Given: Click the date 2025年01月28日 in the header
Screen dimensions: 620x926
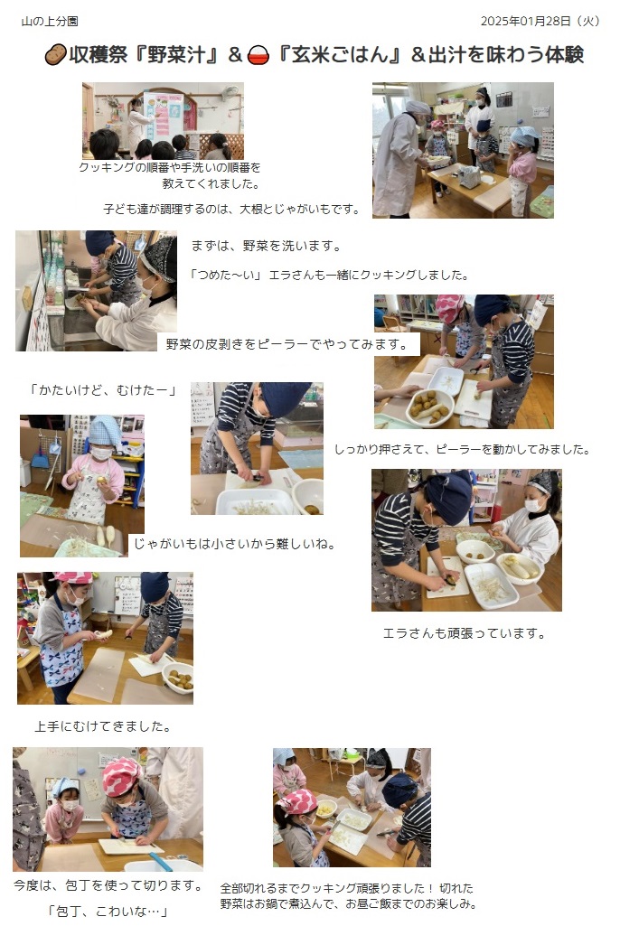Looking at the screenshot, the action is tap(525, 22).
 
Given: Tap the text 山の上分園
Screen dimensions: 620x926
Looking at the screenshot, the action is tap(50, 22).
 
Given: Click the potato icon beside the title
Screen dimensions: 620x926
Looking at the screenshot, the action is tap(55, 55).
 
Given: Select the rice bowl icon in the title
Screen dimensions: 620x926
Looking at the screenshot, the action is tap(258, 55).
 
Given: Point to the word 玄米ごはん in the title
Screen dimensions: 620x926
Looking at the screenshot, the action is tap(340, 55).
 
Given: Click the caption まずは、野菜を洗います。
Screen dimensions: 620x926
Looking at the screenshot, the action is tap(267, 247).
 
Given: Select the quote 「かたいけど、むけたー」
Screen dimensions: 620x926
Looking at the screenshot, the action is tap(103, 389).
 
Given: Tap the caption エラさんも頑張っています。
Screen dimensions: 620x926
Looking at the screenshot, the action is tap(464, 633).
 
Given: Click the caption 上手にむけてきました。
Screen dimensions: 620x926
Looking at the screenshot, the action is tap(103, 726).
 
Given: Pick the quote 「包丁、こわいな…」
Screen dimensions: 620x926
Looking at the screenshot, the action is tap(108, 912).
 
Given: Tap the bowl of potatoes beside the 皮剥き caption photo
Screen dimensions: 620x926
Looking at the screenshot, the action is tap(430, 407).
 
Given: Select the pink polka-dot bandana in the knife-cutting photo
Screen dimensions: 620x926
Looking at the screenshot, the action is tap(121, 775).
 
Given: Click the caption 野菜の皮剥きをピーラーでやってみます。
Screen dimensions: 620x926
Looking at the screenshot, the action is tap(287, 344).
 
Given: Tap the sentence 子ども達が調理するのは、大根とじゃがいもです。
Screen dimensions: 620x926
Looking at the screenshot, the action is tap(231, 209).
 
